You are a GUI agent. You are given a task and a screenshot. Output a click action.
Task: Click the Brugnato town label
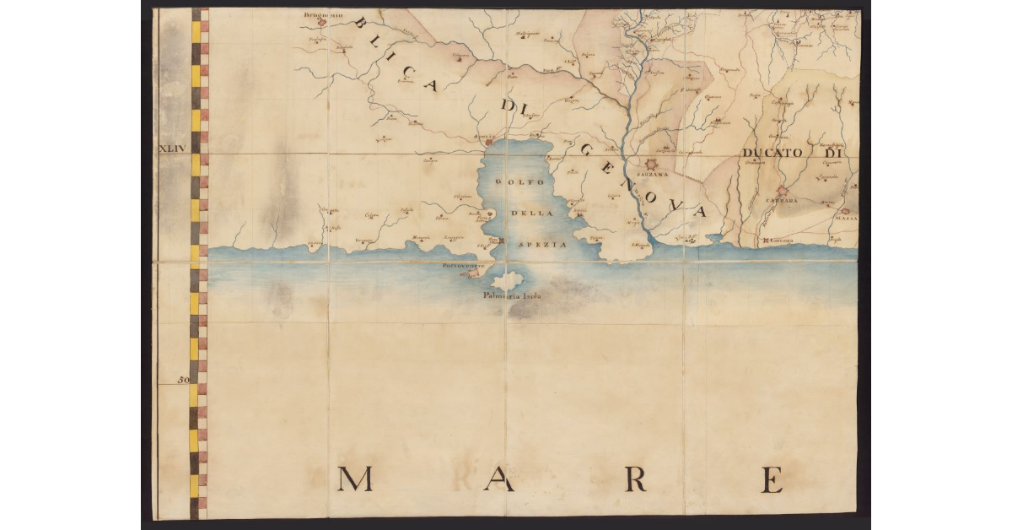pyautogui.click(x=326, y=14)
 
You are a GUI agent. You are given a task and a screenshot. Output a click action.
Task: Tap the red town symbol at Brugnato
pyautogui.click(x=321, y=23)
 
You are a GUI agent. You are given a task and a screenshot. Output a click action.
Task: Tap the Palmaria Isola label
pyautogui.click(x=512, y=297)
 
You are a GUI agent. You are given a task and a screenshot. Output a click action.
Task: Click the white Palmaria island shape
pyautogui.click(x=509, y=281)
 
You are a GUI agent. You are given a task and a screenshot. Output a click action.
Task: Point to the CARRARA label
pyautogui.click(x=781, y=201)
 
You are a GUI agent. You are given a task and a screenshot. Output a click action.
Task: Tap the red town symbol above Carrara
pyautogui.click(x=783, y=192)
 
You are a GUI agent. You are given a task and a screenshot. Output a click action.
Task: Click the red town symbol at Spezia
pyautogui.click(x=489, y=143)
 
